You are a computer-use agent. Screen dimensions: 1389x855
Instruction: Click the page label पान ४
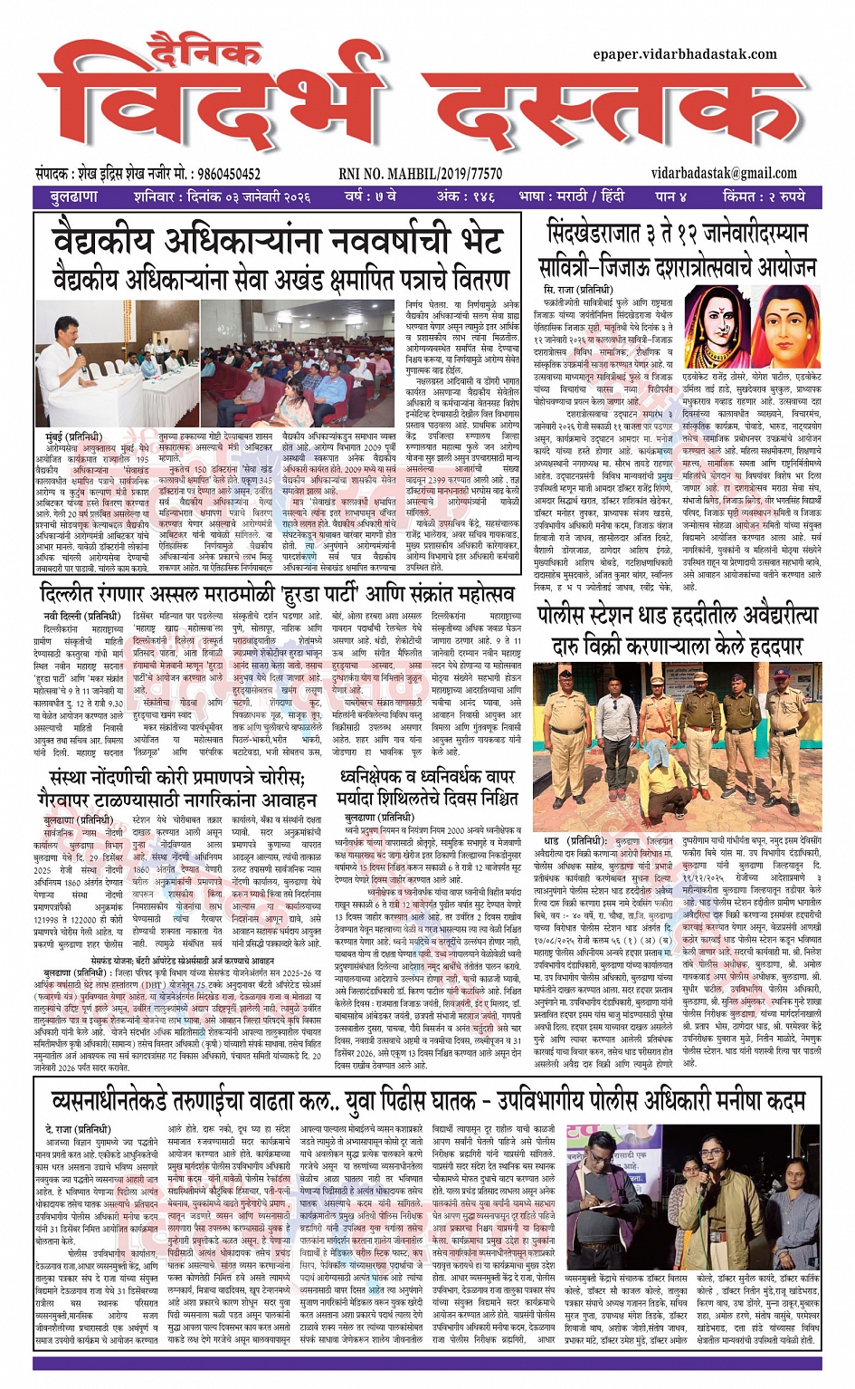[x=670, y=196]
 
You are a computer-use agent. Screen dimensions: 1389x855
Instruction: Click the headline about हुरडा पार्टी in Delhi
[x=277, y=595]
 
